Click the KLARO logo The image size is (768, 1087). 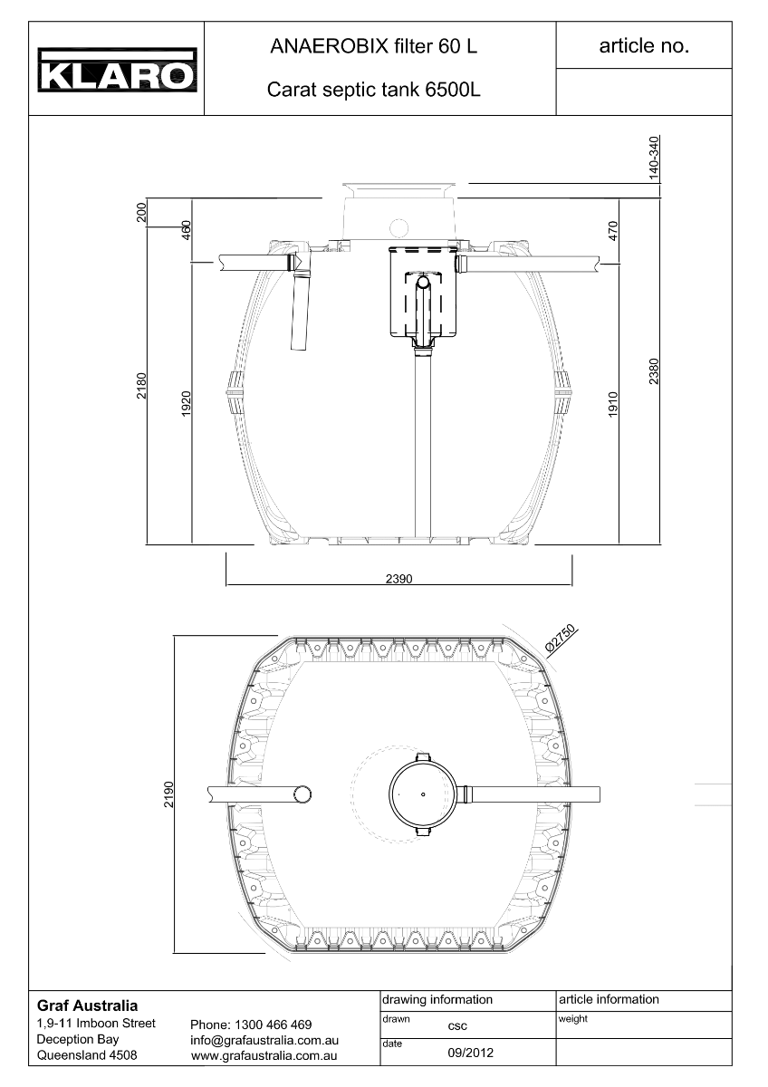click(118, 70)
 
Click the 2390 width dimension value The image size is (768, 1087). click(398, 579)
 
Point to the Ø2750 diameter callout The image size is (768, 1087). click(561, 638)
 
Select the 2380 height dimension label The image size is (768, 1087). click(654, 371)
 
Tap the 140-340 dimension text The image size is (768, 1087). click(654, 159)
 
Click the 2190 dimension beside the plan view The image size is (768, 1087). click(168, 794)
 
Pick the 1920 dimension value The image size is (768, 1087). click(186, 404)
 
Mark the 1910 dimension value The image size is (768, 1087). click(613, 404)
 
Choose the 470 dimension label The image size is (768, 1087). click(613, 230)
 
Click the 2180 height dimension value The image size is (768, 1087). click(140, 386)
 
